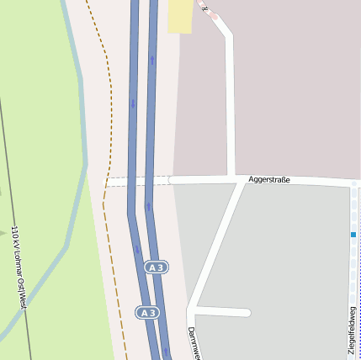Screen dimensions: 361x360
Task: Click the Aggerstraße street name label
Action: pyautogui.click(x=269, y=179)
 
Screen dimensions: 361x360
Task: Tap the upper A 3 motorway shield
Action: pyautogui.click(x=154, y=267)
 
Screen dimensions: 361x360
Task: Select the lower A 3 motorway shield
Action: pyautogui.click(x=148, y=313)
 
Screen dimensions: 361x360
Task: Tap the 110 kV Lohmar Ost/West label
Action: pyautogui.click(x=19, y=267)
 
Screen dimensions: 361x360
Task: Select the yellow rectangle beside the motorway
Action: pyautogui.click(x=179, y=16)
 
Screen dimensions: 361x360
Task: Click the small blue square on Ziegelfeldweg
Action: pyautogui.click(x=353, y=235)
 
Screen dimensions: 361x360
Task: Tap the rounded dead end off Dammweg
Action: pyautogui.click(x=247, y=313)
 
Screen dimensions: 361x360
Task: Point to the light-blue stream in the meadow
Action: pyautogui.click(x=82, y=168)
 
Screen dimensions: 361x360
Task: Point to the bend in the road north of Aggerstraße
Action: pyautogui.click(x=227, y=34)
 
